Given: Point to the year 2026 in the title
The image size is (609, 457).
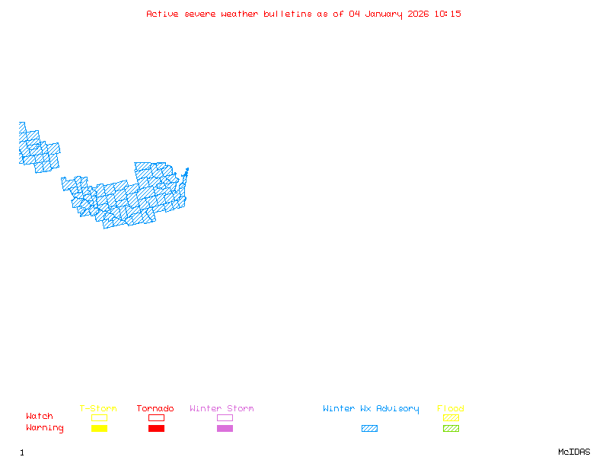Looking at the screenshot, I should coord(418,14).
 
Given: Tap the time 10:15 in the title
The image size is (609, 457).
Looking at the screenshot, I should coord(448,14).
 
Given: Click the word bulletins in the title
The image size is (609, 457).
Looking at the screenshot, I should coord(287,14).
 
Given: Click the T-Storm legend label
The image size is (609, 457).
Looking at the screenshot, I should coord(98,409).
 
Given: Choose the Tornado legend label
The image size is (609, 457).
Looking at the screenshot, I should coord(155,409).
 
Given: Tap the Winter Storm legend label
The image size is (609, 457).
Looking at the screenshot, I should coord(222,409).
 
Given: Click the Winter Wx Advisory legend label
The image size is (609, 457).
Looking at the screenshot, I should coord(371,409).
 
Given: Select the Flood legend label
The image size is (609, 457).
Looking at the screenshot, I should coord(451,409).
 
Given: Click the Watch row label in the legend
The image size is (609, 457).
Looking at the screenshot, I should coord(40,417).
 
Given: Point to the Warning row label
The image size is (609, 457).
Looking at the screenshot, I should coord(45,428).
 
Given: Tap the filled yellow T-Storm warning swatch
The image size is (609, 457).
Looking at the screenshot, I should coord(99,429).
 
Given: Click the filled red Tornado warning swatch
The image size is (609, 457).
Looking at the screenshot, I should coord(156,429).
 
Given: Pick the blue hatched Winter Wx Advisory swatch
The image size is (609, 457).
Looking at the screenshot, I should coord(369,429).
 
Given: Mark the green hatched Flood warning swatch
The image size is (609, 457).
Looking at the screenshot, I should coord(451,429).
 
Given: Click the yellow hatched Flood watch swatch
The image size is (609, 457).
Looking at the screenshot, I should coord(451,417).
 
